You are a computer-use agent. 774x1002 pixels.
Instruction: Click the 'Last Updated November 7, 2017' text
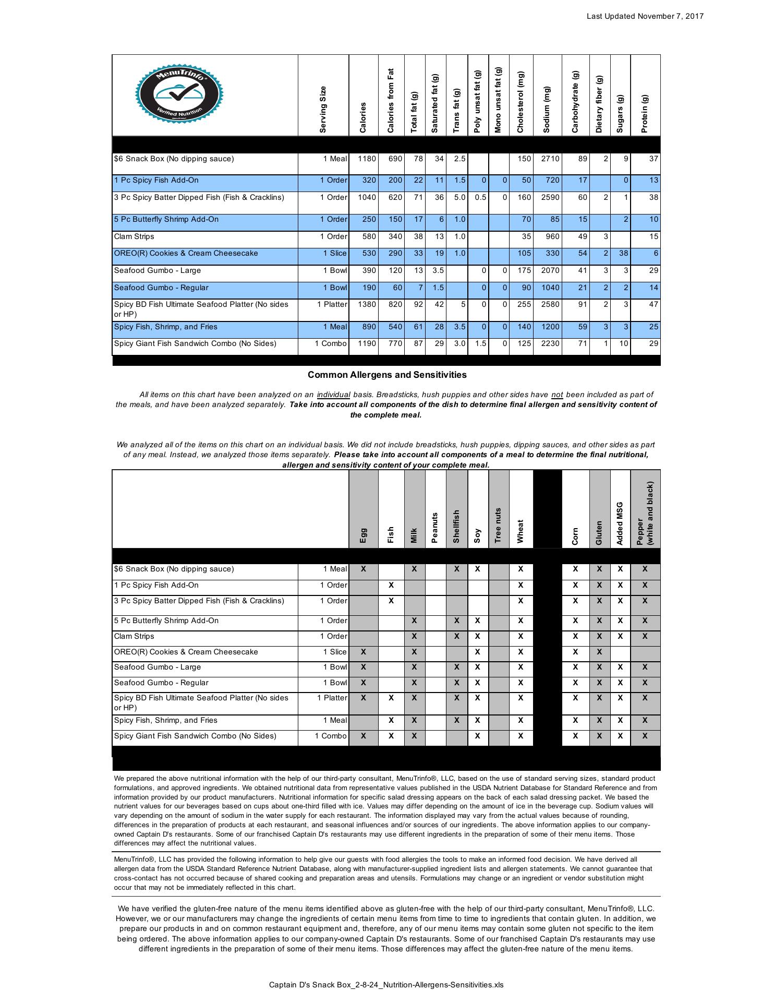tap(645, 16)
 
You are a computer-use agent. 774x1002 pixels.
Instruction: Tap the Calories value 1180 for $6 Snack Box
tap(367, 159)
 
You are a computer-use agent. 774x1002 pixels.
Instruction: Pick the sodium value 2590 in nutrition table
tap(550, 198)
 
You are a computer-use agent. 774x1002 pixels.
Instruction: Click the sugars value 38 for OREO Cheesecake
tap(621, 254)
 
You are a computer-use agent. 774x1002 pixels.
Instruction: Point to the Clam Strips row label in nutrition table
tap(134, 237)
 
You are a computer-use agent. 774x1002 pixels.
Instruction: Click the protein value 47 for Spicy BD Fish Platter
tap(654, 305)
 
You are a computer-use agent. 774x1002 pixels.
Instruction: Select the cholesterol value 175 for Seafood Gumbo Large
tap(524, 271)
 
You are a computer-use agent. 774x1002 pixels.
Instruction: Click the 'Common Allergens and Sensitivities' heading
tap(387, 375)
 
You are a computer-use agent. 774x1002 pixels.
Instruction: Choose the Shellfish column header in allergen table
tap(456, 526)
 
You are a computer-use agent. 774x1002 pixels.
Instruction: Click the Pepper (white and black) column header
tap(645, 514)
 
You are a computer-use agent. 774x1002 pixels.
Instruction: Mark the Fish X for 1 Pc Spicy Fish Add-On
tap(391, 586)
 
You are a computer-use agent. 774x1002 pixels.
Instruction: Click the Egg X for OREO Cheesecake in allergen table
tap(364, 652)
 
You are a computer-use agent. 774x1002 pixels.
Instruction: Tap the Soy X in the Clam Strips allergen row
tap(477, 637)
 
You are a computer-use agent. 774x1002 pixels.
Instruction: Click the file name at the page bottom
tap(386, 985)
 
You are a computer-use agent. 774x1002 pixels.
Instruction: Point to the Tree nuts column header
tap(498, 525)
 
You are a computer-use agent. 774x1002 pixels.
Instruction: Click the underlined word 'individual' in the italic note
tap(333, 395)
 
